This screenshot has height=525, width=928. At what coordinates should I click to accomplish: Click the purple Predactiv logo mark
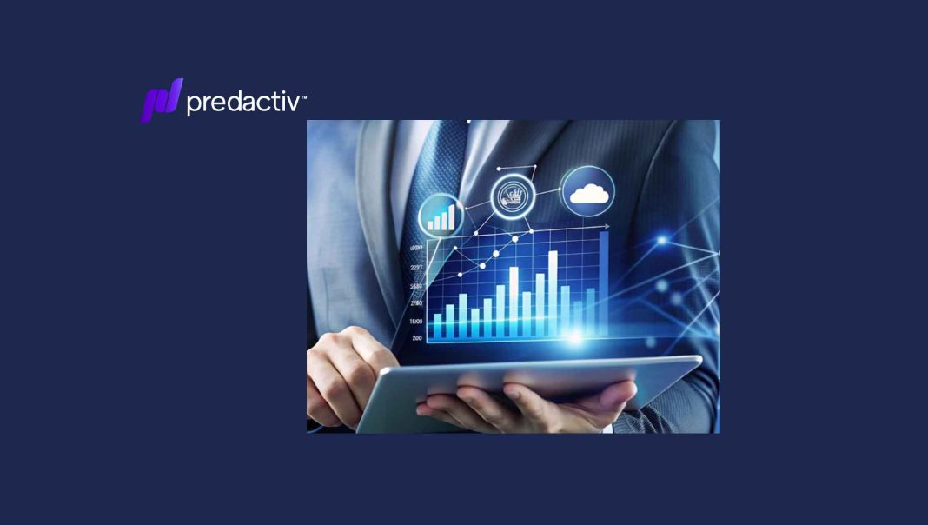(x=162, y=100)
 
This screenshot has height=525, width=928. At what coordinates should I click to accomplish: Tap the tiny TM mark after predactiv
(x=302, y=97)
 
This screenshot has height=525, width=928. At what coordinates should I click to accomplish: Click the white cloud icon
(x=588, y=193)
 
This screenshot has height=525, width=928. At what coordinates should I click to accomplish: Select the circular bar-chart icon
(x=441, y=215)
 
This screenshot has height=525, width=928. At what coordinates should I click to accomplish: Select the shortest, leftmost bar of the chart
(x=438, y=327)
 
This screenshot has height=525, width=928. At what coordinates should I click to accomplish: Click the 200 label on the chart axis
(x=417, y=337)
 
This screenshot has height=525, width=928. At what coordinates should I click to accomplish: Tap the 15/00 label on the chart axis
(x=416, y=321)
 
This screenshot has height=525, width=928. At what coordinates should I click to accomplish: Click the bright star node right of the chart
(x=663, y=239)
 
